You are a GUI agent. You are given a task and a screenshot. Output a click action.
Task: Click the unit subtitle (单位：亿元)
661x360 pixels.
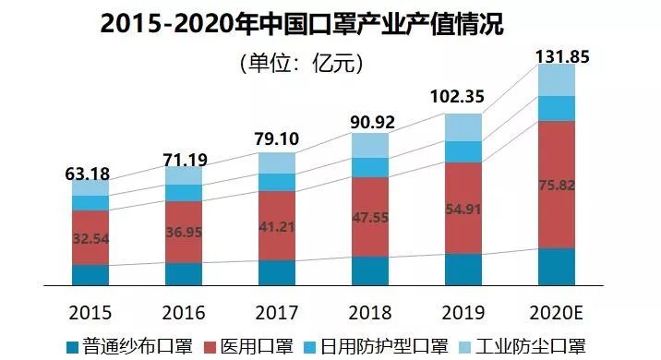tap(301, 64)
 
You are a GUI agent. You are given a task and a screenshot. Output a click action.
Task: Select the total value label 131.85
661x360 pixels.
tap(563, 57)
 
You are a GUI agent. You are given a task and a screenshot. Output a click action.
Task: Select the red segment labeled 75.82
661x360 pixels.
tap(557, 184)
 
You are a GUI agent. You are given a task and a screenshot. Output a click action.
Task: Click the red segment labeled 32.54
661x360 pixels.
tap(90, 237)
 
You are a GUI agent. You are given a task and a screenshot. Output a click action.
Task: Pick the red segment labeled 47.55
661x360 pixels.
tap(370, 216)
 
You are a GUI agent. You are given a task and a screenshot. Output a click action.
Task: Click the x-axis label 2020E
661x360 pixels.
tap(557, 311)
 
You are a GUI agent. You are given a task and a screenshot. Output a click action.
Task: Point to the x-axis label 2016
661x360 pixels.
tap(183, 311)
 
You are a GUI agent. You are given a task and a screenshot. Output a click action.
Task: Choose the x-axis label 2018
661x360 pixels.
tap(370, 311)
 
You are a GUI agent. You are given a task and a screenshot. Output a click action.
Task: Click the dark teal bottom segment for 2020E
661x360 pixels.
tap(557, 268)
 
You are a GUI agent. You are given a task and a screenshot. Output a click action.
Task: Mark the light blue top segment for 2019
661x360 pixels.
tap(463, 127)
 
